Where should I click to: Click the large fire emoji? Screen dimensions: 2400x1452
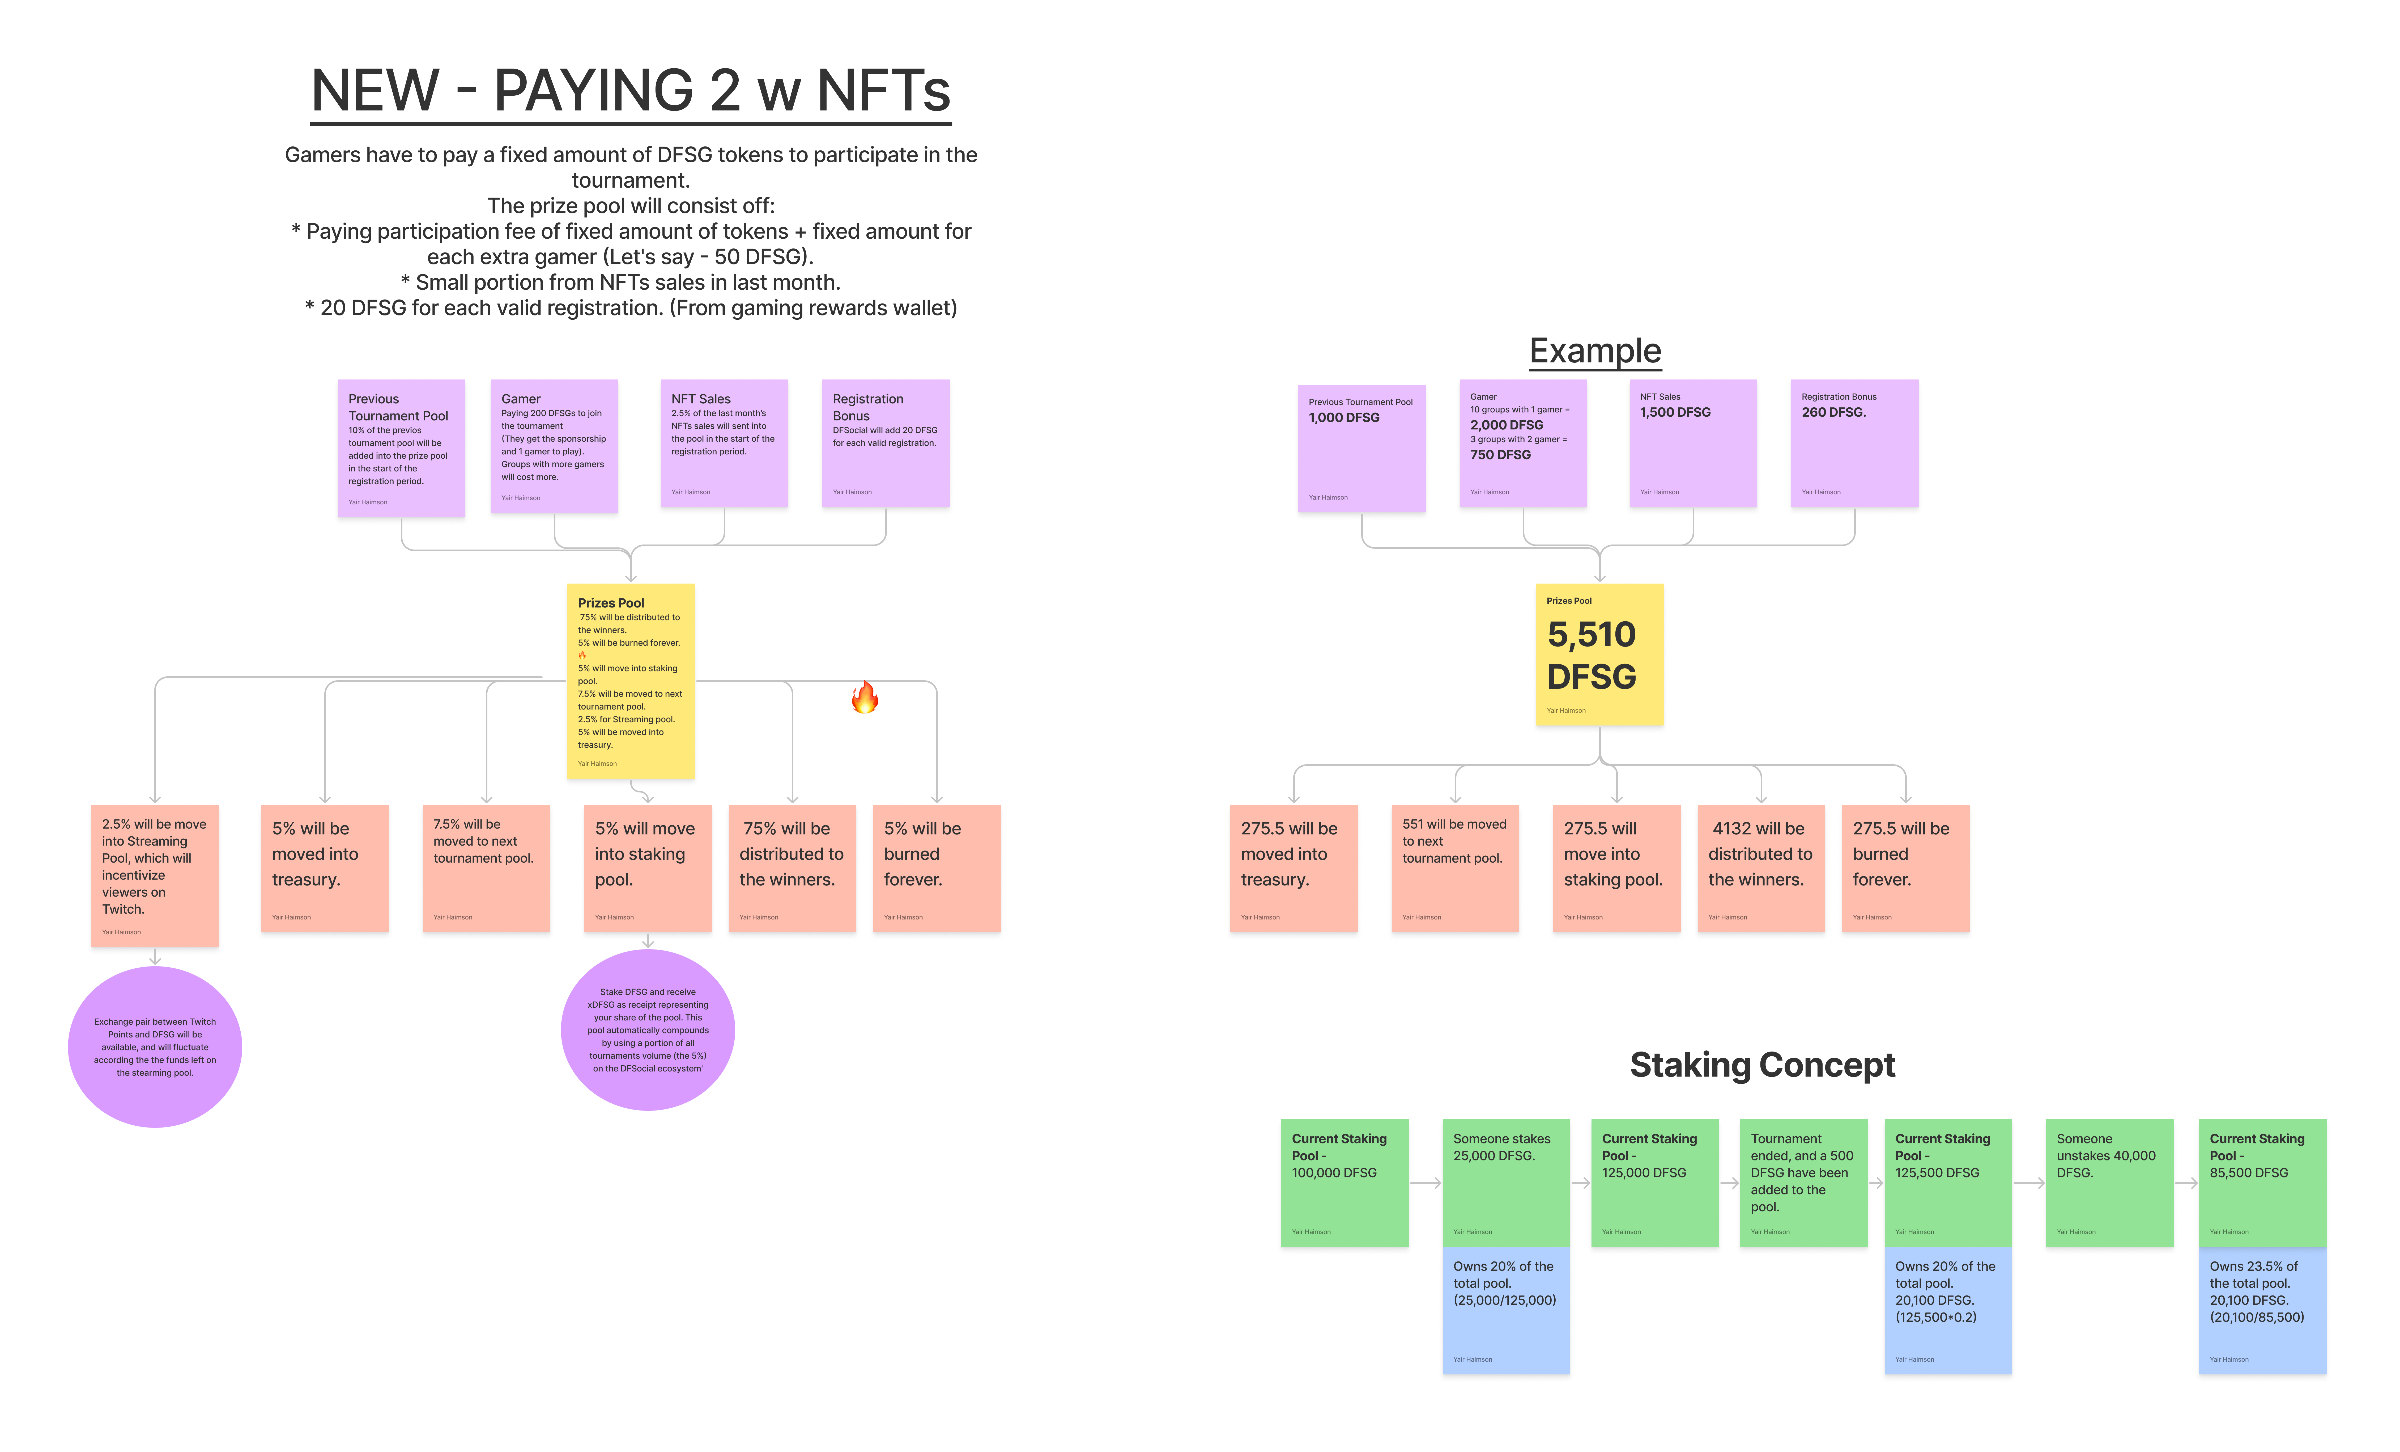pos(864,698)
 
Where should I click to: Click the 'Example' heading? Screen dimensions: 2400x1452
pos(1594,351)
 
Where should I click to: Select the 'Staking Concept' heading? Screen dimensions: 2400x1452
pos(1762,1065)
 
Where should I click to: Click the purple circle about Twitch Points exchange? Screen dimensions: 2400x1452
pos(155,1046)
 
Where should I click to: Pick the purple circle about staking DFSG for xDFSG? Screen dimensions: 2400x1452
pos(648,1030)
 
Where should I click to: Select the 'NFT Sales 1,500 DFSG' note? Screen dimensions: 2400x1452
pos(1693,444)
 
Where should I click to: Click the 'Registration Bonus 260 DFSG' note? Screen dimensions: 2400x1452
pos(1854,444)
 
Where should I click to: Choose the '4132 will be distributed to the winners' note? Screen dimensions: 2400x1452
pos(1760,867)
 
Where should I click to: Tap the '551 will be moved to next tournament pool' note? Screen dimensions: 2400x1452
pos(1454,867)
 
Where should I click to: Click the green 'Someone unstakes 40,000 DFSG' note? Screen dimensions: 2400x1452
pos(2109,1182)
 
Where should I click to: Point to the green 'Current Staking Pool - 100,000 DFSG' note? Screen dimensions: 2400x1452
pos(1344,1182)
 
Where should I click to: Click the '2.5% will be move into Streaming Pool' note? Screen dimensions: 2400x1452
pos(155,874)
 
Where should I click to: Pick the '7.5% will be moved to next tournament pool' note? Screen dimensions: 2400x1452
pos(486,867)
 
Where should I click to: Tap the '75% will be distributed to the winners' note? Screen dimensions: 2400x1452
pos(792,867)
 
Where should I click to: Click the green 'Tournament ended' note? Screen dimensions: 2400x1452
pos(1803,1182)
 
